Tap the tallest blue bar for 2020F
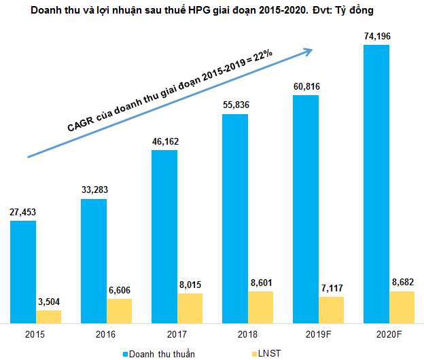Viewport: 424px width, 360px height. click(x=376, y=183)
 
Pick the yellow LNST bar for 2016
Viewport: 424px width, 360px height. click(x=120, y=310)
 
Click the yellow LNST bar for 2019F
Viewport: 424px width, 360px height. click(x=332, y=309)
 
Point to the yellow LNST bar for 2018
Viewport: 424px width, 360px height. click(x=261, y=306)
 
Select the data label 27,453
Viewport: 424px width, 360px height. click(x=22, y=212)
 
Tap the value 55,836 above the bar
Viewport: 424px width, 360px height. click(x=234, y=105)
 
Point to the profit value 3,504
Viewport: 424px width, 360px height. click(x=49, y=302)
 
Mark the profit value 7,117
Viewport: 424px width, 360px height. click(x=332, y=288)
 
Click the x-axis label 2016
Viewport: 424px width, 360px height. click(x=105, y=335)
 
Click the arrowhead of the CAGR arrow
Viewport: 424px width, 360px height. click(x=309, y=50)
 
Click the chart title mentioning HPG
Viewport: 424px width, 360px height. click(x=211, y=12)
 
